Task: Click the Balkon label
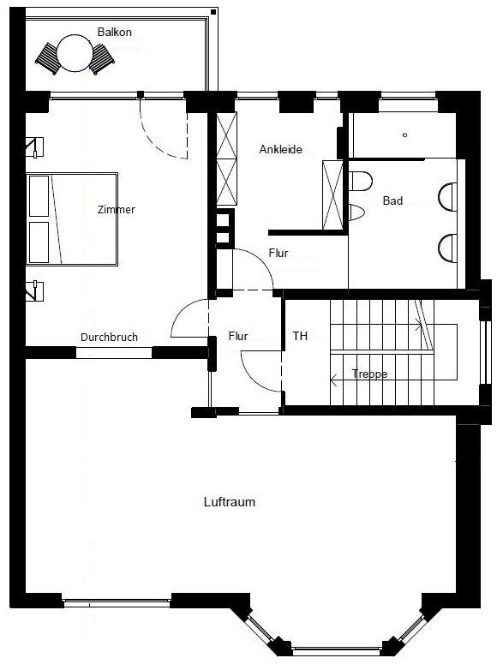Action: (x=115, y=32)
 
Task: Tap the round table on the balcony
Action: (x=75, y=52)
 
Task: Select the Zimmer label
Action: (x=116, y=209)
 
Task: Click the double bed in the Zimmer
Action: (x=72, y=219)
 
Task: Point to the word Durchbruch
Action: (x=110, y=337)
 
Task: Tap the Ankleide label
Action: (x=280, y=149)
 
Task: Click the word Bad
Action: (x=392, y=200)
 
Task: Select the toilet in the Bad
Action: (x=360, y=182)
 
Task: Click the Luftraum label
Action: (x=230, y=502)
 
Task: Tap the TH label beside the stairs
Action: (x=300, y=336)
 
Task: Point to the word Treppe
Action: (x=369, y=374)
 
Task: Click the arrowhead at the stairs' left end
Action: (x=333, y=380)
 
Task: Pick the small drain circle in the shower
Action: (x=405, y=135)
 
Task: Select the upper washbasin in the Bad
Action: (x=448, y=196)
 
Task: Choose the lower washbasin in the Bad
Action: (x=448, y=248)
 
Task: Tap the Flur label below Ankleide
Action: (x=278, y=253)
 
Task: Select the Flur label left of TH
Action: (x=237, y=336)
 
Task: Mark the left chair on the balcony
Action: (x=47, y=58)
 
